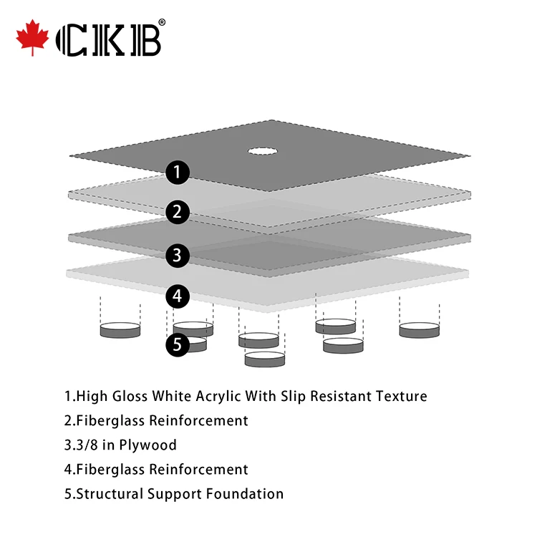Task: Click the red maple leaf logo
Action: pyautogui.click(x=32, y=40)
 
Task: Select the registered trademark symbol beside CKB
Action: pyautogui.click(x=162, y=23)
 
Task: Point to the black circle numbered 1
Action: pyautogui.click(x=178, y=172)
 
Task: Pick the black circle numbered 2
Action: pyautogui.click(x=178, y=212)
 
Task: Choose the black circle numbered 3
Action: pyautogui.click(x=178, y=254)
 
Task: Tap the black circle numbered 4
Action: pyautogui.click(x=178, y=296)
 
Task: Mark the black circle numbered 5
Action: pyautogui.click(x=178, y=344)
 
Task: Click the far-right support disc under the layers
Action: pyautogui.click(x=419, y=330)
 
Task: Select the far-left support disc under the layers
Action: pyautogui.click(x=120, y=330)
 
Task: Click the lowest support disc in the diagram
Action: pyautogui.click(x=264, y=359)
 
